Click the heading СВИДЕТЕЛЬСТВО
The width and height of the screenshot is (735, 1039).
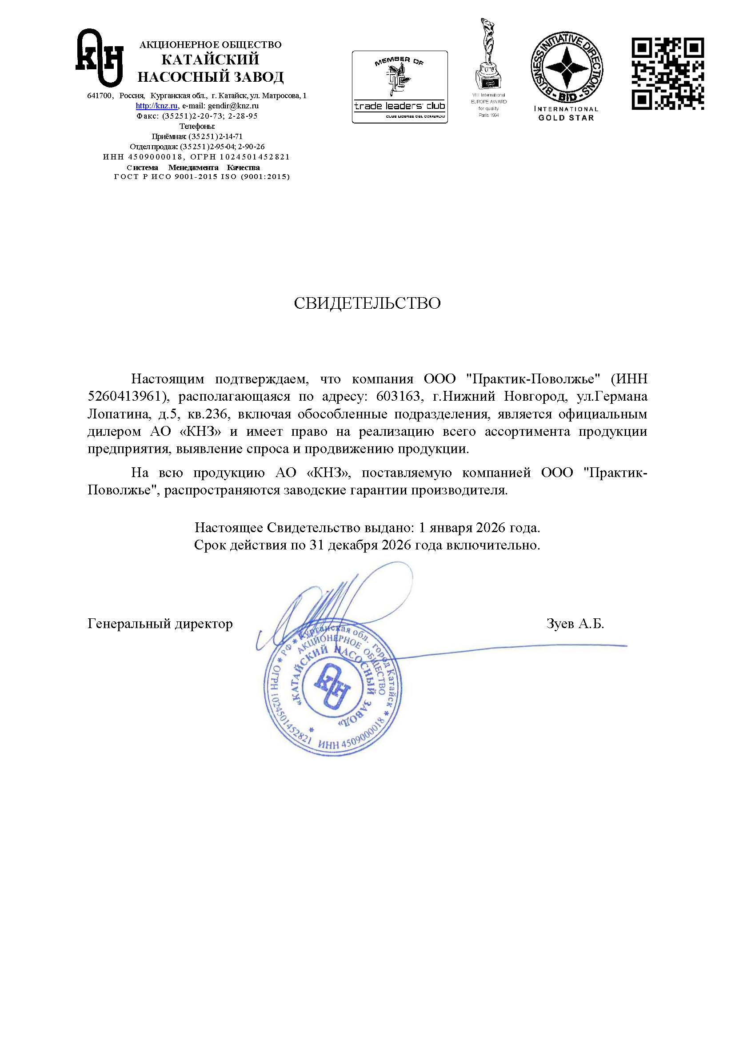(367, 303)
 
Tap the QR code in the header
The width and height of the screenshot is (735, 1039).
(667, 74)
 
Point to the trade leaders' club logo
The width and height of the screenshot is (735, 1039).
(399, 87)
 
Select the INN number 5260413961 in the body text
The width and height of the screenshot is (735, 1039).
(124, 396)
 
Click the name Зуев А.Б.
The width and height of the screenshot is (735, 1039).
(575, 624)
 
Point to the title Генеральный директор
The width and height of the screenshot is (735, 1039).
(160, 624)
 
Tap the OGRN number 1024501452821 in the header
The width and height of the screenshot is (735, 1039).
(255, 157)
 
